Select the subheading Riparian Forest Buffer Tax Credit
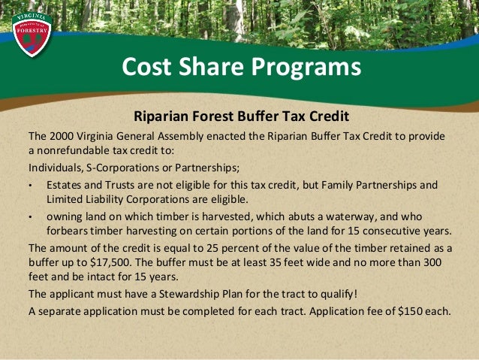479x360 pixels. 241,117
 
